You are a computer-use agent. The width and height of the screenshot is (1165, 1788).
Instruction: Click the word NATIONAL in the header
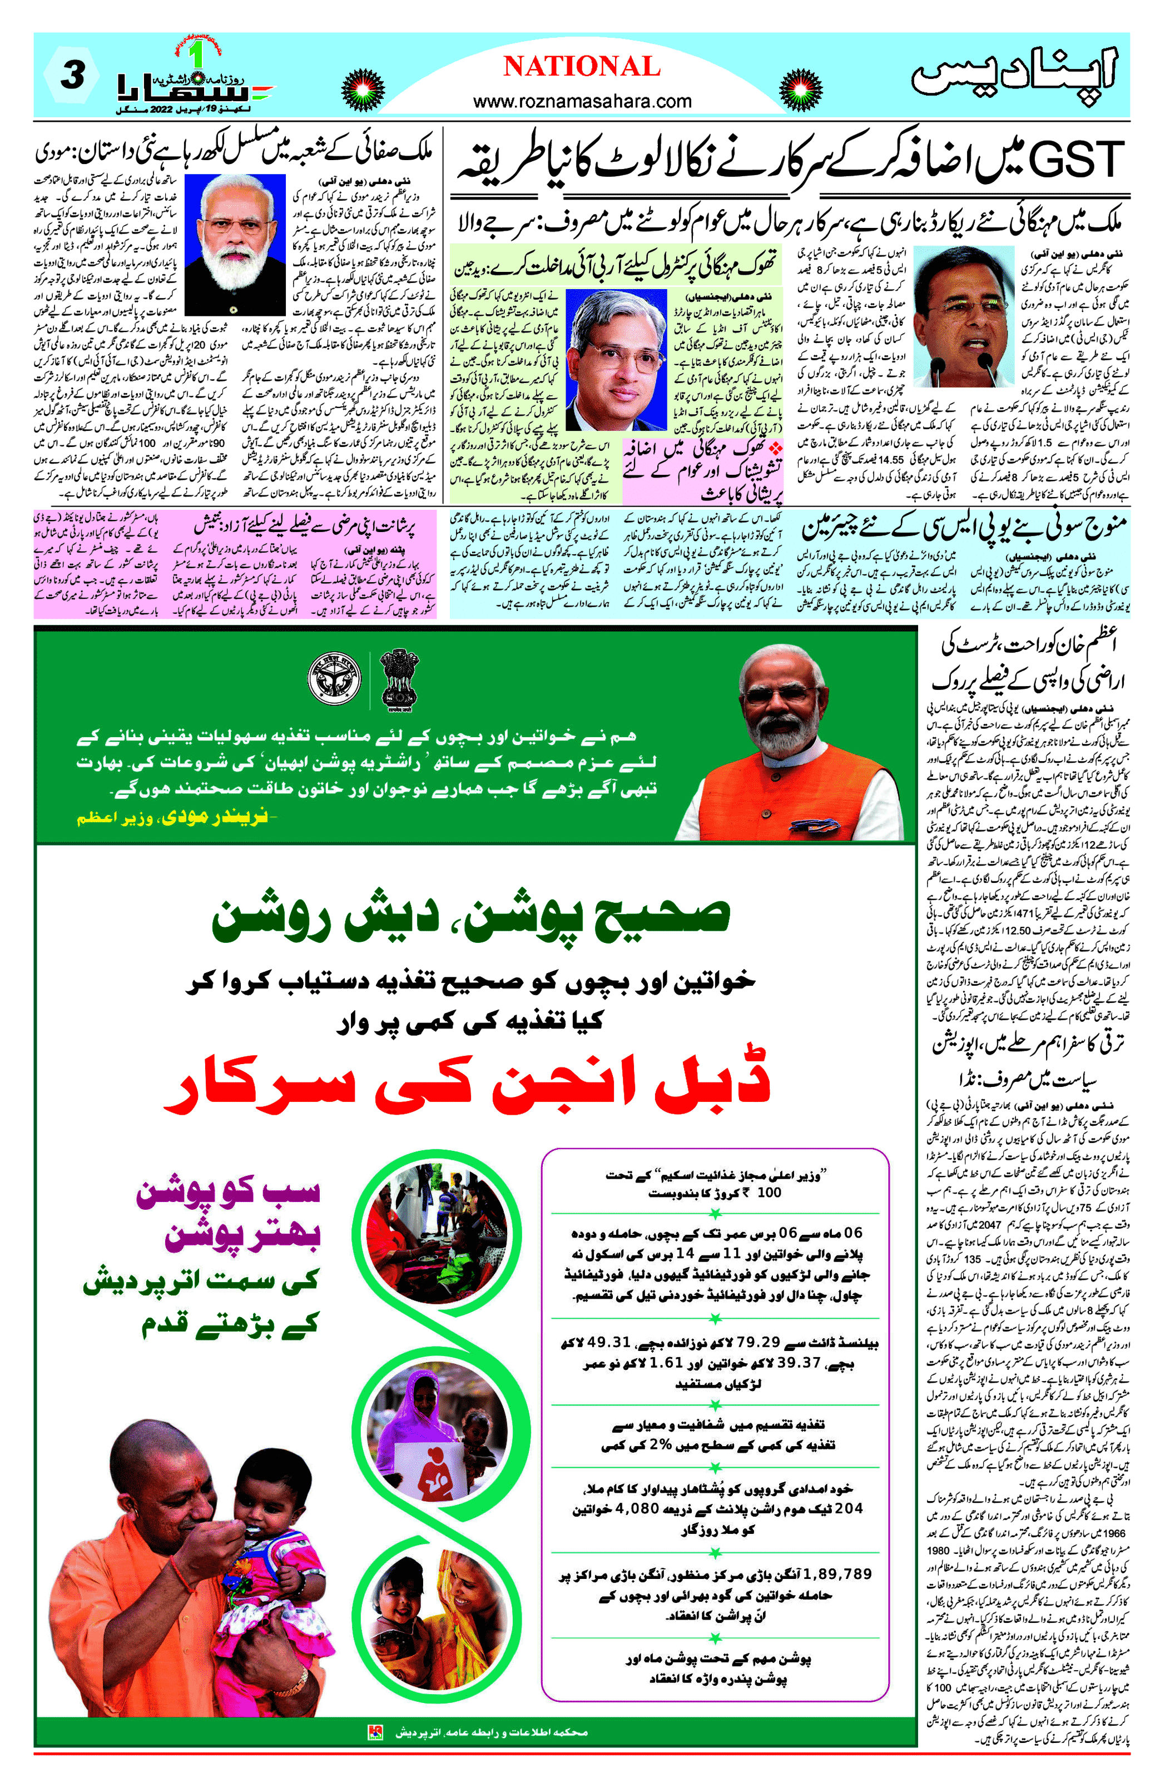coord(582,67)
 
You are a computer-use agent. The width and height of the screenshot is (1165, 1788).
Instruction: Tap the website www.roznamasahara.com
coord(582,101)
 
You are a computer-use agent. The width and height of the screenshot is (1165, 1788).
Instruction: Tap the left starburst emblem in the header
coord(363,90)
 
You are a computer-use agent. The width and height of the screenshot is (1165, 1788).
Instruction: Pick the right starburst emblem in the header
coord(800,90)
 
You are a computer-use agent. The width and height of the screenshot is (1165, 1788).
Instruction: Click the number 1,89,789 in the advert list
coord(837,1573)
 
